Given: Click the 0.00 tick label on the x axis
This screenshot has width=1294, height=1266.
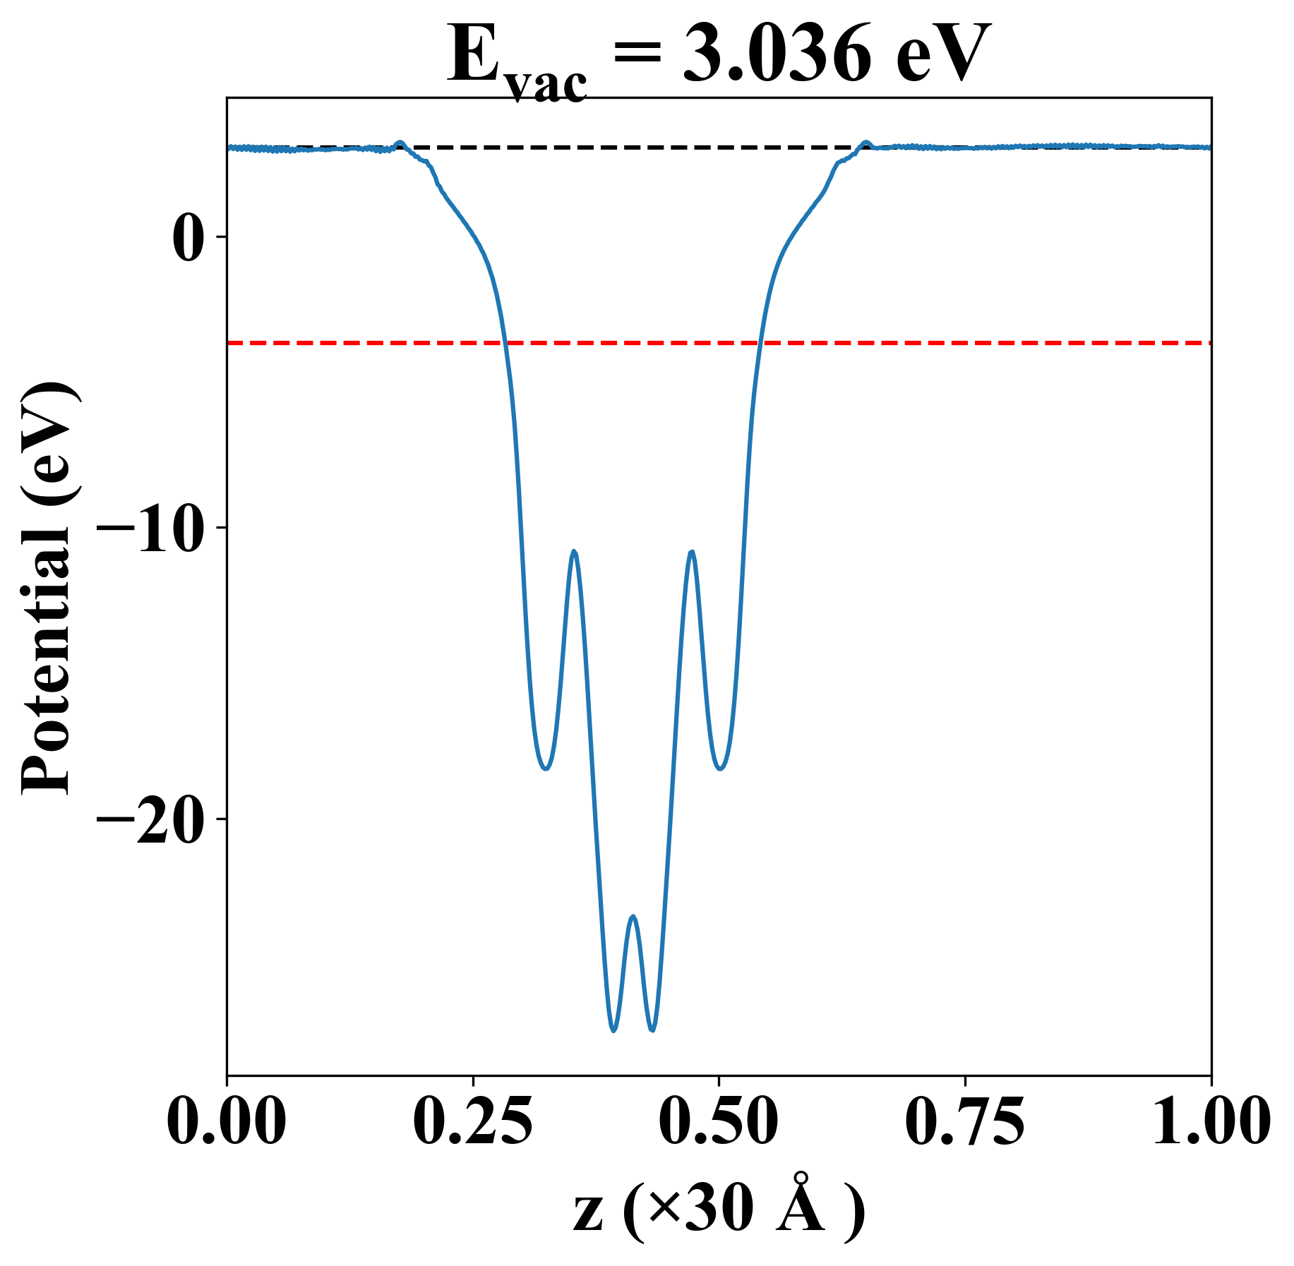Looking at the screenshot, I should coord(227,1122).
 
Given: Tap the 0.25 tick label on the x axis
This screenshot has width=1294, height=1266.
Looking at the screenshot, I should coord(473,1122).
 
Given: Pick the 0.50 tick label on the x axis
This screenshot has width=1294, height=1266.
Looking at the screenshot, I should coord(719,1122).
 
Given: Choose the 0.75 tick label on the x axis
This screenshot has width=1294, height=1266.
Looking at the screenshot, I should coord(965,1122).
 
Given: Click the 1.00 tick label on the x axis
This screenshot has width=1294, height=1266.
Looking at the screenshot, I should coord(1210,1122).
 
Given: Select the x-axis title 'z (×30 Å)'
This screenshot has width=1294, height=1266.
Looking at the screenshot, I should coord(719,1212).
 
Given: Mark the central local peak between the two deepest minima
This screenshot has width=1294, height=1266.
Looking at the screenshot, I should coord(633,917).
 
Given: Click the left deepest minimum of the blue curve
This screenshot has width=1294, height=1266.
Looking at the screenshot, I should coord(613,1031).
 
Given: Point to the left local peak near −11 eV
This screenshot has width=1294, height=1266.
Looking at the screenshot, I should coord(575,551).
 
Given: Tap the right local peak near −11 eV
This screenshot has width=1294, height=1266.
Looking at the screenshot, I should coord(692,552).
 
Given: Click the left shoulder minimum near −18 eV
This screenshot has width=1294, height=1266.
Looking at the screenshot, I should coord(545,768).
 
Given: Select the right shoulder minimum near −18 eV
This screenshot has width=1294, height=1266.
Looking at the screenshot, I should coord(720,768).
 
